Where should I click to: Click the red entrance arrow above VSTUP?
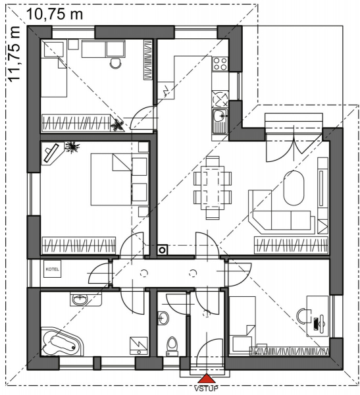[207, 379]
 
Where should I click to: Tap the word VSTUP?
[207, 388]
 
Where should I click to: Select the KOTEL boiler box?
[53, 269]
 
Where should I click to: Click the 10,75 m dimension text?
[55, 14]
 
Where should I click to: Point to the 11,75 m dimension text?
[14, 54]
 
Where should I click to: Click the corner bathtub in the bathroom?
[62, 341]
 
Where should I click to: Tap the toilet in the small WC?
[172, 346]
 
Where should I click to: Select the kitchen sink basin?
[220, 116]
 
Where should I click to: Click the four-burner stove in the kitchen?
[220, 63]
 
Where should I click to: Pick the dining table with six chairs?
[213, 188]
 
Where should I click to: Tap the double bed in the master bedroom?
[111, 179]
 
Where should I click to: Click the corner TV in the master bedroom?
[51, 153]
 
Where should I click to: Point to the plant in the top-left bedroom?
[117, 124]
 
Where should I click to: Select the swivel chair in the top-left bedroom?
[115, 63]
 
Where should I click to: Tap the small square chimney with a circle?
[163, 250]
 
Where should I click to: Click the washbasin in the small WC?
[163, 318]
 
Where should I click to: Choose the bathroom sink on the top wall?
[80, 300]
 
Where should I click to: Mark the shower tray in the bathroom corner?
[139, 346]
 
